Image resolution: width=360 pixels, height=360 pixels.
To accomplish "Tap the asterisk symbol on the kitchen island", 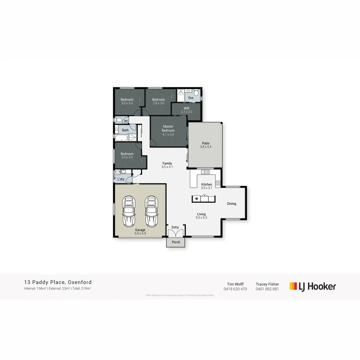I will (x=197, y=199).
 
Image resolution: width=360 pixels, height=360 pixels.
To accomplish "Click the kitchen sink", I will (x=205, y=172).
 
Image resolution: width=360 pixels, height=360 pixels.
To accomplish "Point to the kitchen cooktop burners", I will (x=218, y=183).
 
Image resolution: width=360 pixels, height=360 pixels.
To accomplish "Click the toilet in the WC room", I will (x=118, y=120).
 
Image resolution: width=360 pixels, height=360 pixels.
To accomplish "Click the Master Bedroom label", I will (x=168, y=128).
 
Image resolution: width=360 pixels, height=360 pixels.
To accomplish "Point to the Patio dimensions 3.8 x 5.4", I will (x=206, y=147).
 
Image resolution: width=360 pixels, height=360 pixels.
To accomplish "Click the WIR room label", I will (x=186, y=108).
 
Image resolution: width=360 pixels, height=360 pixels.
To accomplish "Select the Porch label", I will (x=176, y=242).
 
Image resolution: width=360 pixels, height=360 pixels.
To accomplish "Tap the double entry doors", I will (x=175, y=234).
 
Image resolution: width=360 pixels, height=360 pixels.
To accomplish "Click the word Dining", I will (x=232, y=204).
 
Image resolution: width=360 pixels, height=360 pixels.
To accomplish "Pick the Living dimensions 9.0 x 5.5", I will (x=201, y=218).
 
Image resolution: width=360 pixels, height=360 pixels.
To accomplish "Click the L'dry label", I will (x=121, y=179).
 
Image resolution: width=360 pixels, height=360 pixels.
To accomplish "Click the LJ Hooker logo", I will (x=313, y=286).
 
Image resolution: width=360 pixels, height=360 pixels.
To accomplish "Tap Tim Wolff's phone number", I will (x=235, y=289).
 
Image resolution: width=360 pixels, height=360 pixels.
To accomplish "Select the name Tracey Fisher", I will (x=267, y=284).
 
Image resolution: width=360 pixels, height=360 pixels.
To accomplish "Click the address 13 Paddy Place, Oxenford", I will (x=58, y=282).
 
